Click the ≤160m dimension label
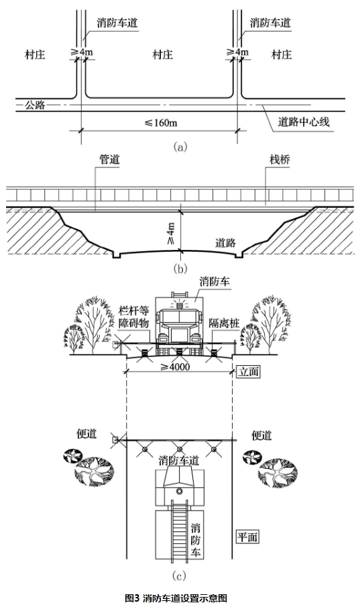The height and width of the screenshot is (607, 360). click(162, 123)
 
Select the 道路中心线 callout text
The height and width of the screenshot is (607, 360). click(304, 123)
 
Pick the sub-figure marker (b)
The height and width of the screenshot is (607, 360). click(180, 270)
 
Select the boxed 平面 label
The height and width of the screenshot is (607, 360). click(247, 537)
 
